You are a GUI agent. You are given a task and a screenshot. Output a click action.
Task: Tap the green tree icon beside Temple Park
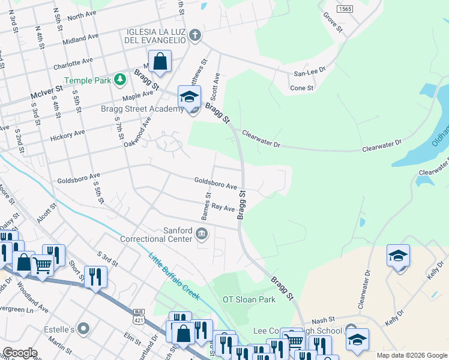[x=121, y=79]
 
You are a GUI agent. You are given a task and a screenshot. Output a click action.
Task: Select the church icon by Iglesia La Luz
[x=194, y=35]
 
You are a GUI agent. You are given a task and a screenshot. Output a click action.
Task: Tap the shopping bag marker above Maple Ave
[x=160, y=61]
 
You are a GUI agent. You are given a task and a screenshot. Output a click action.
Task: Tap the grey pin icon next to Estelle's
[x=83, y=329]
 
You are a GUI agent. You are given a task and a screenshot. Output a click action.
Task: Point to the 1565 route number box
[x=345, y=9]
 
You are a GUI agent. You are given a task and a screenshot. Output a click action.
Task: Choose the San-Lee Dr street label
[x=309, y=70]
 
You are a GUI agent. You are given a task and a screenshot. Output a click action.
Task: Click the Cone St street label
[x=302, y=88]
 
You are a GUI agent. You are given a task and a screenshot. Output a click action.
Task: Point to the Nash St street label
[x=323, y=320]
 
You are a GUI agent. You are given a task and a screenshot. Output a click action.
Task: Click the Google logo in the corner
[x=20, y=353]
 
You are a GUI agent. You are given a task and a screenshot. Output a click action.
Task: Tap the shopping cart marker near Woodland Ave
[x=42, y=265]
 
